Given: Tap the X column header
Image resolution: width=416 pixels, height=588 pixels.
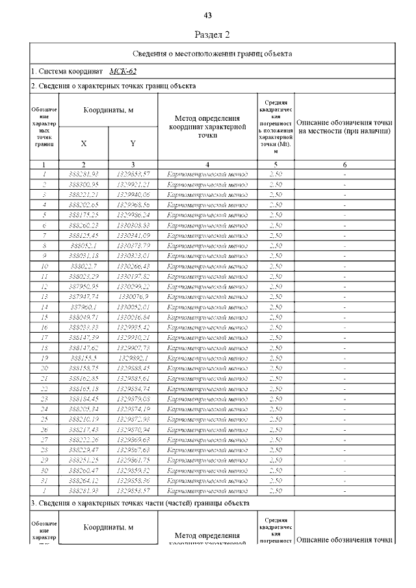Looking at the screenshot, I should (83, 143).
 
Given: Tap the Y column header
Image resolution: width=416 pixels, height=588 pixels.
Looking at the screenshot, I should (133, 143).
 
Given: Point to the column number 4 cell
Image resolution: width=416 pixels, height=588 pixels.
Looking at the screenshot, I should (207, 165).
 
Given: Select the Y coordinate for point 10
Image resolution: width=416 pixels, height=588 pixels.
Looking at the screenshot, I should (133, 266).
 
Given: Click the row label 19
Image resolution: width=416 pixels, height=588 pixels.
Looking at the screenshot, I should (44, 358).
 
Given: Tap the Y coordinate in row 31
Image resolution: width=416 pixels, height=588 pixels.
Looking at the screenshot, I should (133, 481).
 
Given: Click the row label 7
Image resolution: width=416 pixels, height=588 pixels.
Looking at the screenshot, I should (44, 235).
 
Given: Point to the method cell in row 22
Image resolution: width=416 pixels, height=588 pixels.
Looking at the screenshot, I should (207, 389).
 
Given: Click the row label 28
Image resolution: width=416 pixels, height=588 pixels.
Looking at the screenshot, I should (44, 450).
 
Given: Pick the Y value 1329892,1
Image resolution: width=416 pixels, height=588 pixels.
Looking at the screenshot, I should (133, 358).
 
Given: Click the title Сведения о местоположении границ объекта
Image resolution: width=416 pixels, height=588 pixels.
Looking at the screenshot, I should (212, 53).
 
